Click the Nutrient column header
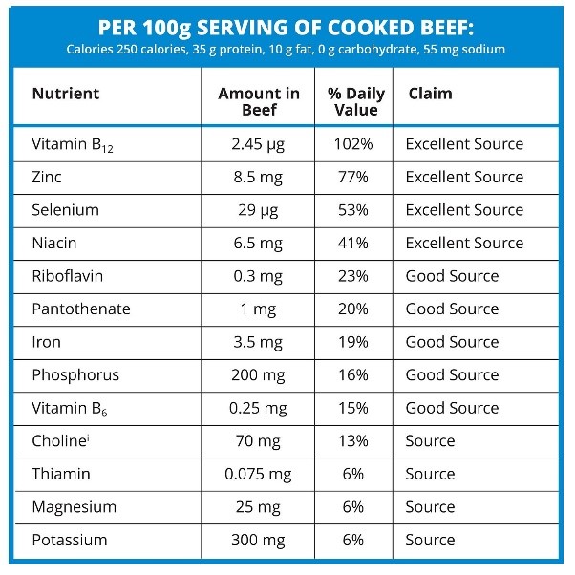click(66, 95)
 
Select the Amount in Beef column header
click(258, 101)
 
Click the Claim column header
click(430, 95)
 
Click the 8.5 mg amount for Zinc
click(258, 177)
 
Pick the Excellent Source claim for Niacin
click(464, 243)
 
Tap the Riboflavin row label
click(67, 276)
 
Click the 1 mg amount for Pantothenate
click(258, 309)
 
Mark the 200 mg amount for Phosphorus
click(258, 374)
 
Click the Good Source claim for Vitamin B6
click(452, 408)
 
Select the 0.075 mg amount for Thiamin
click(258, 474)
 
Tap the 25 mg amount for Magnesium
click(258, 507)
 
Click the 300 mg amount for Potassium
click(258, 540)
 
